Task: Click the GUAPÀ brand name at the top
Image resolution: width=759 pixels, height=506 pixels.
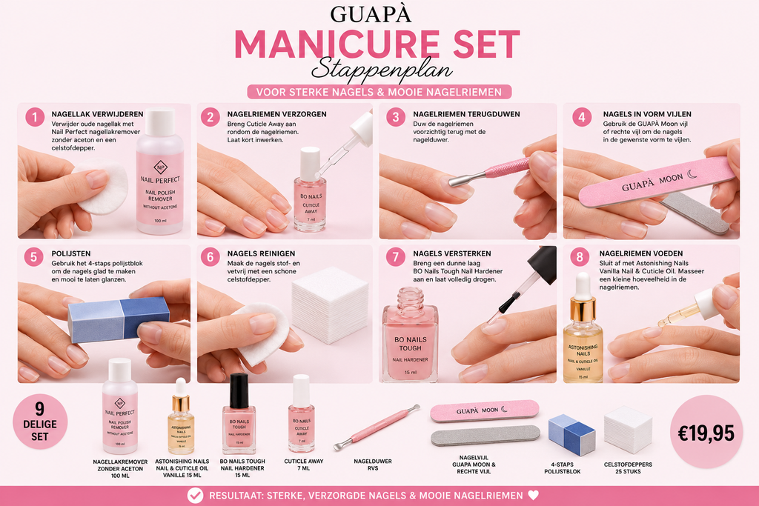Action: point(371,14)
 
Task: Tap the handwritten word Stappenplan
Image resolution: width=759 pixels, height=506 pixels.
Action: point(382,70)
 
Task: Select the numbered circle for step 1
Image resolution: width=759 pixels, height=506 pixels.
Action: point(35,117)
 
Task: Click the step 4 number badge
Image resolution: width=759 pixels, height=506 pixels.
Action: point(581,117)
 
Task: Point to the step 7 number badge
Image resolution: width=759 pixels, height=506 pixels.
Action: point(396,257)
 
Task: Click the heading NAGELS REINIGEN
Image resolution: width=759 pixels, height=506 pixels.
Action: point(261,253)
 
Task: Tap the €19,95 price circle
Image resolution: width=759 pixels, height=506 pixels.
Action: point(706,432)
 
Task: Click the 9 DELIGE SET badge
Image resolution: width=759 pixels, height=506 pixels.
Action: point(40,422)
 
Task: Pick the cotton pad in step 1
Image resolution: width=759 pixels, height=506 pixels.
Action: point(101,187)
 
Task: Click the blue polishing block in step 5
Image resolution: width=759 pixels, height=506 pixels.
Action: point(119,319)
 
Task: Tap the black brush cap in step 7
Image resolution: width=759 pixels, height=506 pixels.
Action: point(542,265)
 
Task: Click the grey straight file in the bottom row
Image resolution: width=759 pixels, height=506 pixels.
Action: point(485,436)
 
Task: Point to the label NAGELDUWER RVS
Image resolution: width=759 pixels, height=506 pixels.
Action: point(373,465)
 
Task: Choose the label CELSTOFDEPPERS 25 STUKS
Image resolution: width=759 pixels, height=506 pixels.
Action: point(628,467)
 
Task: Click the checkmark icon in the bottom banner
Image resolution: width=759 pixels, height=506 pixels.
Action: point(195,496)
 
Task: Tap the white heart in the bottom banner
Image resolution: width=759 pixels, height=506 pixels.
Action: point(533,496)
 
